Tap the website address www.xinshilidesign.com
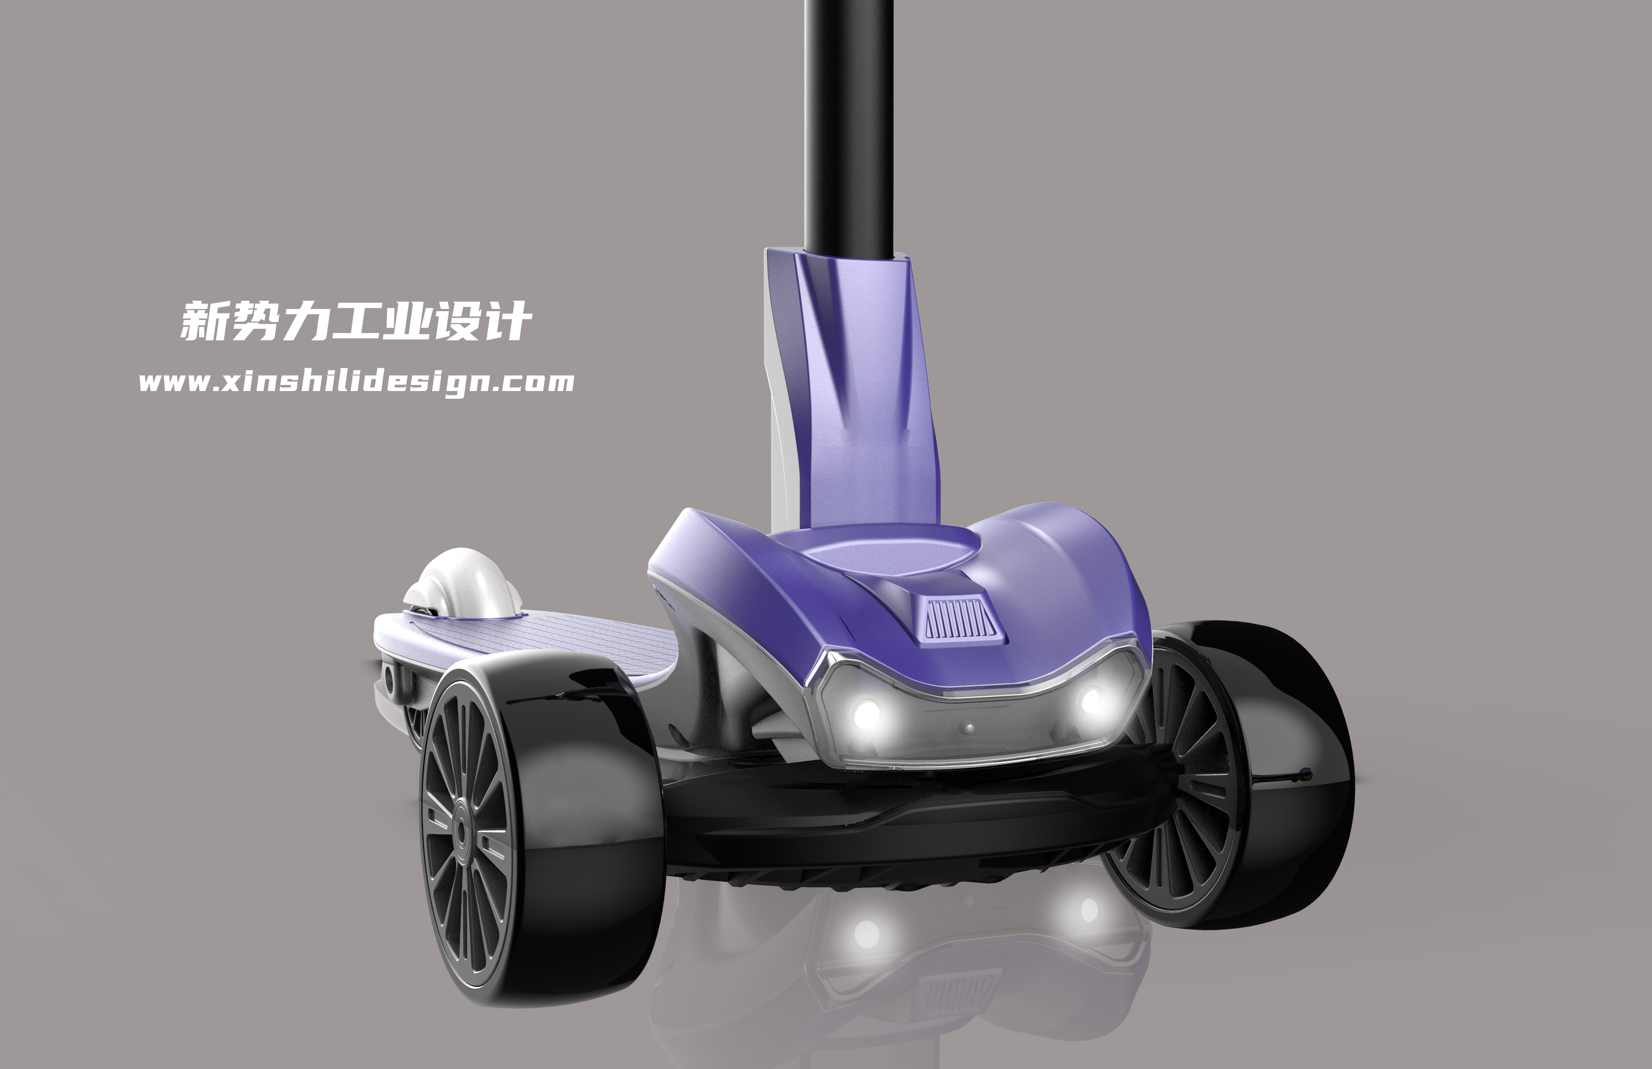pyautogui.click(x=356, y=382)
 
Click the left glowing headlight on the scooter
pyautogui.click(x=866, y=712)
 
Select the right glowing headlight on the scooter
pyautogui.click(x=1091, y=701)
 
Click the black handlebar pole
pyautogui.click(x=848, y=125)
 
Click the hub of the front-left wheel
pyautogui.click(x=461, y=830)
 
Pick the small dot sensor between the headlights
pyautogui.click(x=970, y=728)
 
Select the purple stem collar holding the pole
pyautogui.click(x=857, y=389)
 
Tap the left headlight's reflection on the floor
pyautogui.click(x=866, y=934)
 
